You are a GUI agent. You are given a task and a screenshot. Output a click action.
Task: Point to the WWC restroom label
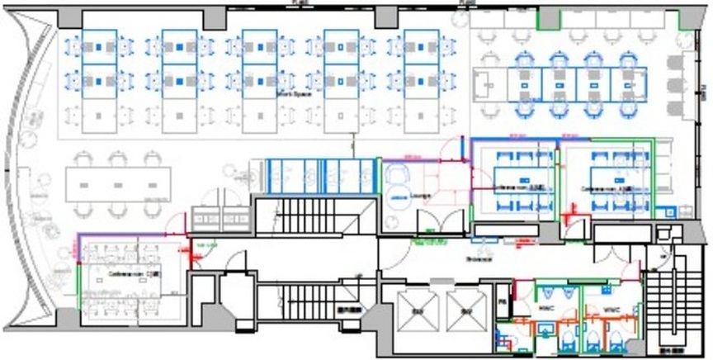611,310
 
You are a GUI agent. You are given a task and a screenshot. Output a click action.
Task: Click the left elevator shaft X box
415,311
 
